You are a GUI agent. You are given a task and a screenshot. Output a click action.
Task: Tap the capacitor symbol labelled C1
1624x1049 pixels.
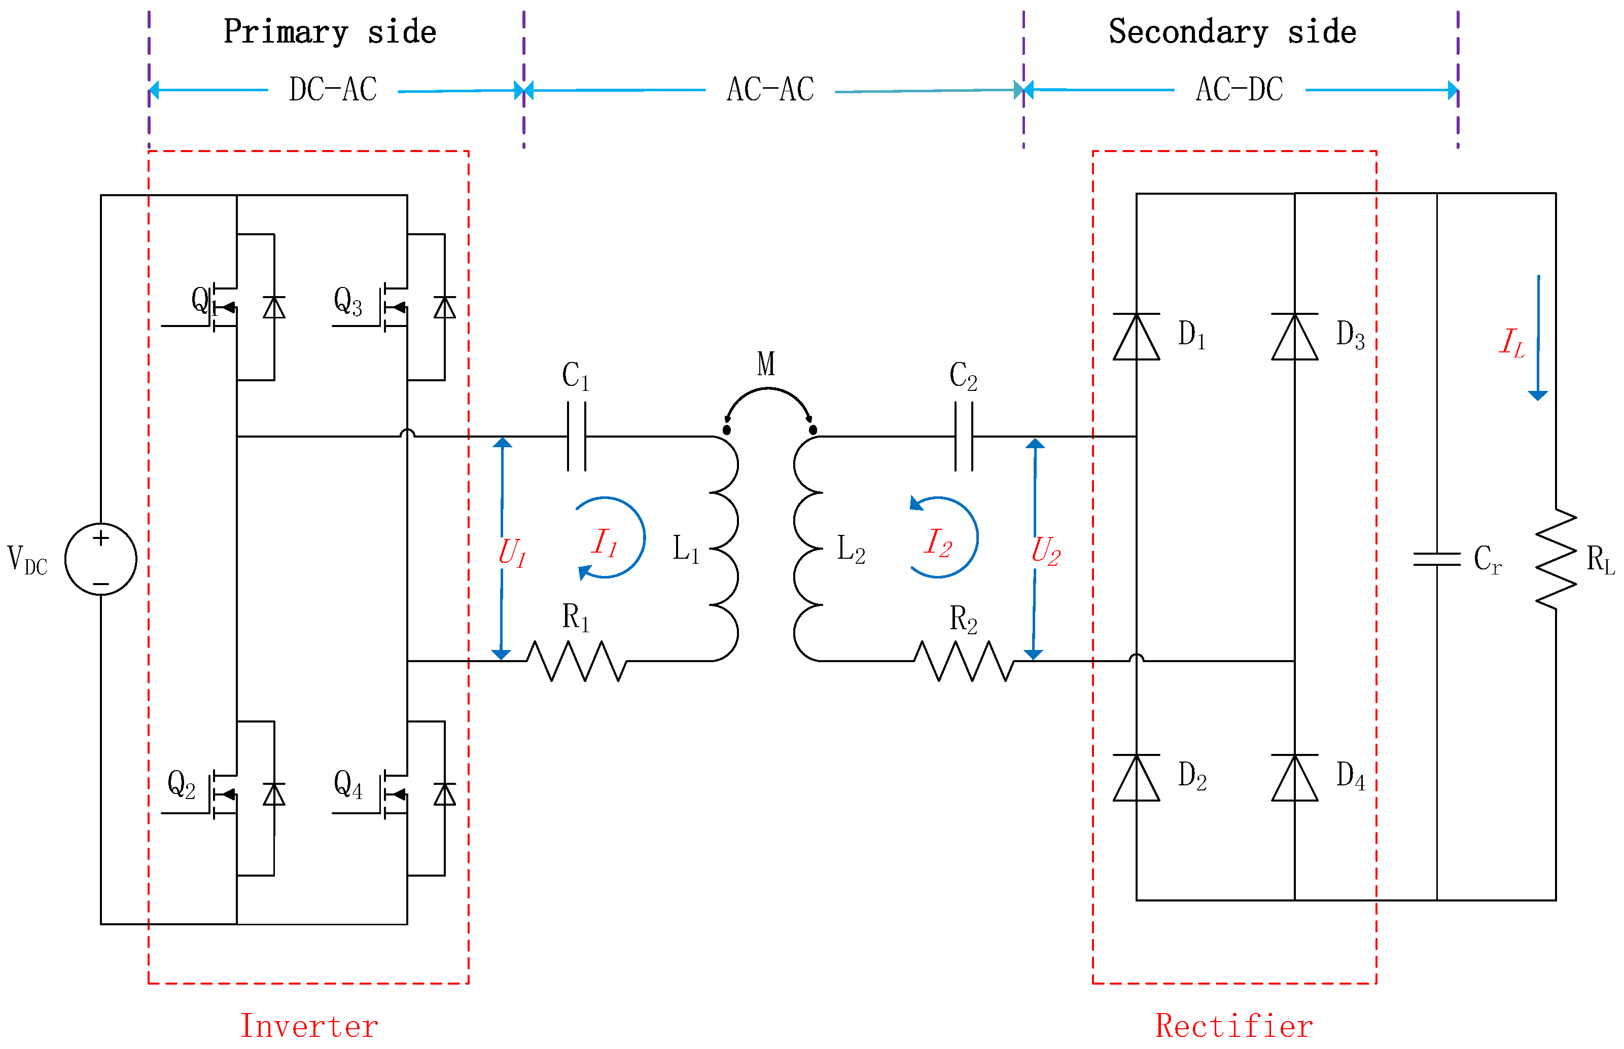[576, 437]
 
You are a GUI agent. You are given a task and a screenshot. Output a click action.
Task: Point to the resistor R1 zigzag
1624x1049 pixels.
[576, 661]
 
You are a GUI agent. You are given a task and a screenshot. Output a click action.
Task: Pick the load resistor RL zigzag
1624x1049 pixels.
[1556, 559]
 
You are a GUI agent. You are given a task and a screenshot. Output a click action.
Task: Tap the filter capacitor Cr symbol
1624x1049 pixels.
[1437, 559]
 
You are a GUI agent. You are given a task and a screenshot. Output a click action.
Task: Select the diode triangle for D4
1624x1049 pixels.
[1294, 777]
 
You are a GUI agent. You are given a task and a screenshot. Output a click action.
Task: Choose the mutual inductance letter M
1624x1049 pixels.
[766, 364]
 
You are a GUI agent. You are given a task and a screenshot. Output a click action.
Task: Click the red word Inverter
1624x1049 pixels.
[309, 1026]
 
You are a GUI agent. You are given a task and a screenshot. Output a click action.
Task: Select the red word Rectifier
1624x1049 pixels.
[1234, 1026]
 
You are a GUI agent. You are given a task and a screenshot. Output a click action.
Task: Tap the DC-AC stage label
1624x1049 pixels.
[333, 89]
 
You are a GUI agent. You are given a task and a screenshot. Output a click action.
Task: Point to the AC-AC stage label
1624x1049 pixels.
[770, 89]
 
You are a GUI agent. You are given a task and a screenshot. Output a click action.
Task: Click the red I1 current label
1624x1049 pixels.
[604, 543]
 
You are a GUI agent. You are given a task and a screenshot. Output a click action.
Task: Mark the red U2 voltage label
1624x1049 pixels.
[1046, 551]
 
